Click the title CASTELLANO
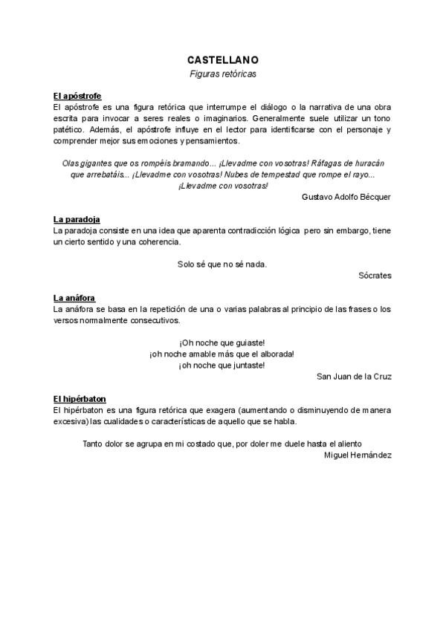[222, 59]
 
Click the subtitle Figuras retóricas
[222, 74]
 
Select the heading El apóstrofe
[77, 97]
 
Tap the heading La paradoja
[77, 220]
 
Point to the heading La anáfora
[74, 298]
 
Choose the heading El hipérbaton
[80, 399]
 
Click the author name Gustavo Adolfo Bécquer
[347, 197]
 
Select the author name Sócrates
[375, 276]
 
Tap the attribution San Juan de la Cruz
[354, 377]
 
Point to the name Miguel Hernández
[358, 455]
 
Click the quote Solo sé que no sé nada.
[222, 264]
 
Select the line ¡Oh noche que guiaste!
[222, 342]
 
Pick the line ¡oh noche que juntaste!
[222, 366]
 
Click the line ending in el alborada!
[222, 354]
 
